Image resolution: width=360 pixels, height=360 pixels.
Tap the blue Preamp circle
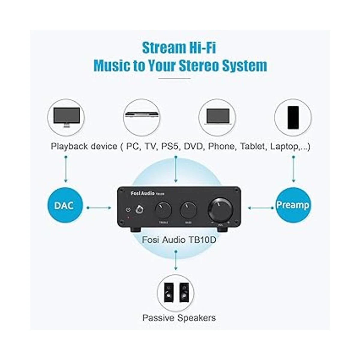pyautogui.click(x=292, y=205)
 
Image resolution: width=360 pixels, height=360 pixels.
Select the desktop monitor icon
pyautogui.click(x=66, y=117)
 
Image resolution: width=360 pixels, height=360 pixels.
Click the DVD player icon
pyautogui.click(x=142, y=117)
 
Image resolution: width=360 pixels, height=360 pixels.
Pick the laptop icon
pyautogui.click(x=217, y=117)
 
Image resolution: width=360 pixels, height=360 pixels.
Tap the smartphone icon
pyautogui.click(x=293, y=117)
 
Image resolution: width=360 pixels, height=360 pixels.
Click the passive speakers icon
pyautogui.click(x=175, y=292)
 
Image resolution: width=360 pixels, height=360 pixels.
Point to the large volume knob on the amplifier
pyautogui.click(x=221, y=209)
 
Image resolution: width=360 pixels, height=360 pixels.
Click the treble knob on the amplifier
pyautogui.click(x=163, y=210)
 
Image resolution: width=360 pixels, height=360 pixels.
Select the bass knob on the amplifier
pyautogui.click(x=188, y=210)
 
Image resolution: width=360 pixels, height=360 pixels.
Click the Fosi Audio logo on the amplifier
pyautogui.click(x=142, y=193)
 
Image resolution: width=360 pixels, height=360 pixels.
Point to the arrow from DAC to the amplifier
pyautogui.click(x=99, y=208)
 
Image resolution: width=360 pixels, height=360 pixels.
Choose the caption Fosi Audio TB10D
pyautogui.click(x=179, y=240)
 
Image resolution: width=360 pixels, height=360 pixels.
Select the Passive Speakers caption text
pyautogui.click(x=179, y=318)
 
